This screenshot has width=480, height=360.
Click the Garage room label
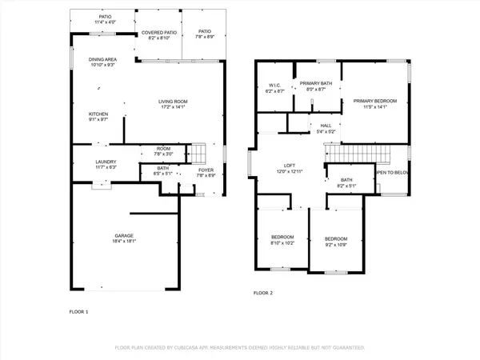(x=122, y=235)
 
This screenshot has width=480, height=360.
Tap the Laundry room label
(x=106, y=162)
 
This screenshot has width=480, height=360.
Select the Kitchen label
(x=98, y=114)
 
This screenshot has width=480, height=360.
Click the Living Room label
(x=172, y=101)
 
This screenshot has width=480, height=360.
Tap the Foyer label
(x=206, y=170)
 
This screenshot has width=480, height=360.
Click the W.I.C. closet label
(x=274, y=85)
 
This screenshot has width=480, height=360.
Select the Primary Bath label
(x=316, y=82)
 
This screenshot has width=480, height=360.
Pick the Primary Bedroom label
(x=375, y=100)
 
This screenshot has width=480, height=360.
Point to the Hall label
(x=326, y=125)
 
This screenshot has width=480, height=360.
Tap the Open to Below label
(x=392, y=172)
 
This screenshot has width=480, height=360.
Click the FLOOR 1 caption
(x=78, y=310)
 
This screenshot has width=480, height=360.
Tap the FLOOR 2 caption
(x=263, y=294)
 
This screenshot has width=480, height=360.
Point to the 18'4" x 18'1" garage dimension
(x=122, y=241)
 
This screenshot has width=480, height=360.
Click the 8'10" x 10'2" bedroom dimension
(x=282, y=243)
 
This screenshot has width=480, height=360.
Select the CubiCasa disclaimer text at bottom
(x=240, y=348)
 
